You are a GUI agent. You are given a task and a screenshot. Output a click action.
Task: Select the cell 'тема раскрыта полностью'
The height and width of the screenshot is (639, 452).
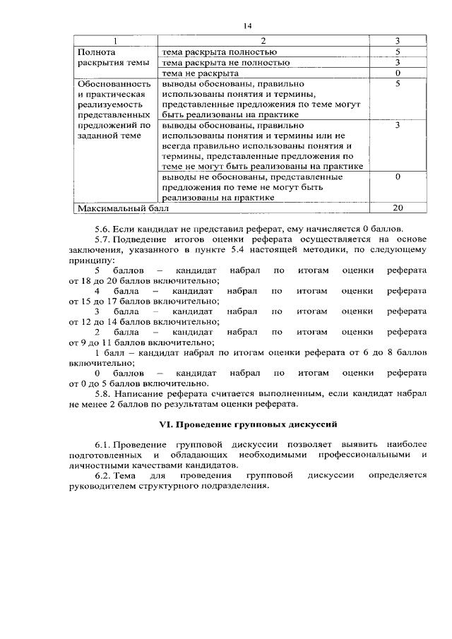click(x=219, y=52)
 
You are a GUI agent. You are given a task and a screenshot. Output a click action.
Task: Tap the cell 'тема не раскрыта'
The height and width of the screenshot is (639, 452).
click(x=201, y=73)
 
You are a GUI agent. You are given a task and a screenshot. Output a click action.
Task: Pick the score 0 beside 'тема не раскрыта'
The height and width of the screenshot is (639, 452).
click(x=398, y=73)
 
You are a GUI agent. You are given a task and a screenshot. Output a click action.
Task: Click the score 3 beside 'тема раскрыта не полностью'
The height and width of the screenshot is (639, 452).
click(x=398, y=62)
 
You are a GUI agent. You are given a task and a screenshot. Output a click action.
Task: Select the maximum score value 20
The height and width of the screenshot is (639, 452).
click(x=398, y=208)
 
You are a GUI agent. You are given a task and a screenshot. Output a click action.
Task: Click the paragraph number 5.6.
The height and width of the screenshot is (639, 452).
click(x=103, y=229)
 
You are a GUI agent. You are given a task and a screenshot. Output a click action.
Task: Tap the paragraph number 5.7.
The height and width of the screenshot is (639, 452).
click(x=103, y=240)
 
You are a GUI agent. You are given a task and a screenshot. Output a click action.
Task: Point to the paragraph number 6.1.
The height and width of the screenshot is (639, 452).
click(x=103, y=446)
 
